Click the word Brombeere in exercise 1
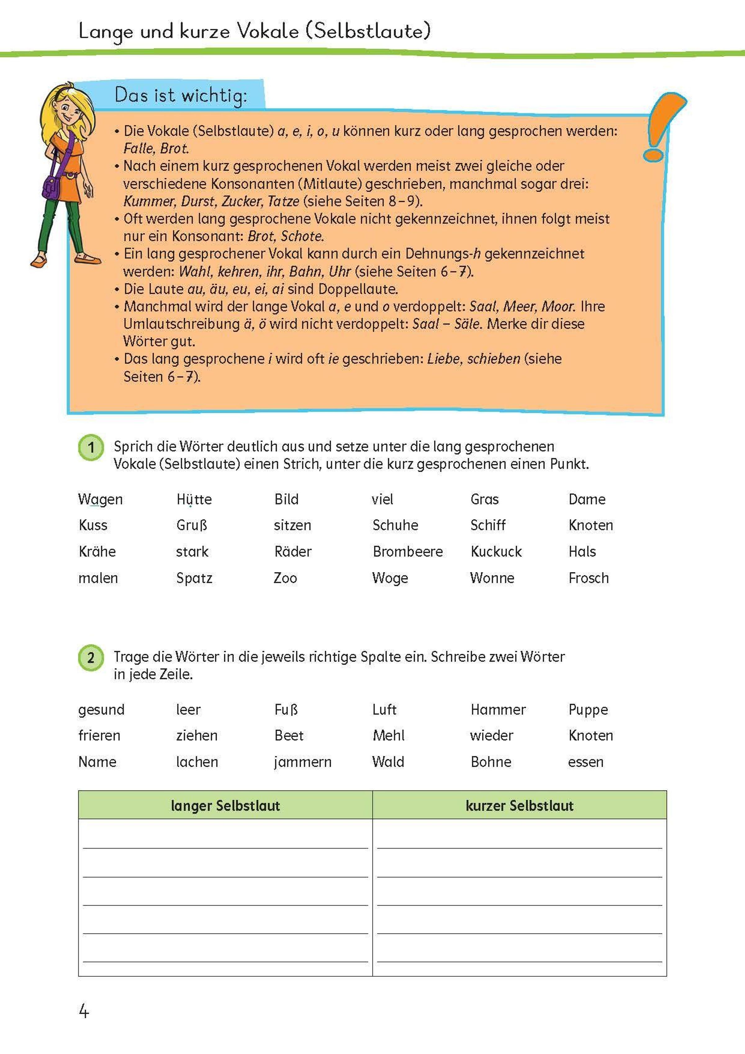[x=407, y=552]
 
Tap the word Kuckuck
[x=496, y=552]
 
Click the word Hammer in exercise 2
[x=498, y=710]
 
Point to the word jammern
[x=302, y=762]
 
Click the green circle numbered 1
[x=91, y=447]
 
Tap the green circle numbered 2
[x=91, y=658]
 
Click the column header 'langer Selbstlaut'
[x=225, y=805]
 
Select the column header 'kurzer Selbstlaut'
[x=519, y=805]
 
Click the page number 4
[x=84, y=1011]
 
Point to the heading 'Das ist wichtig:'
[x=180, y=95]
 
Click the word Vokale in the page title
[x=268, y=31]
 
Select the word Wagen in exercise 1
[x=100, y=500]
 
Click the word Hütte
[x=194, y=500]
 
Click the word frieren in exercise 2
[x=99, y=736]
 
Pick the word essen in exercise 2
[x=585, y=762]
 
